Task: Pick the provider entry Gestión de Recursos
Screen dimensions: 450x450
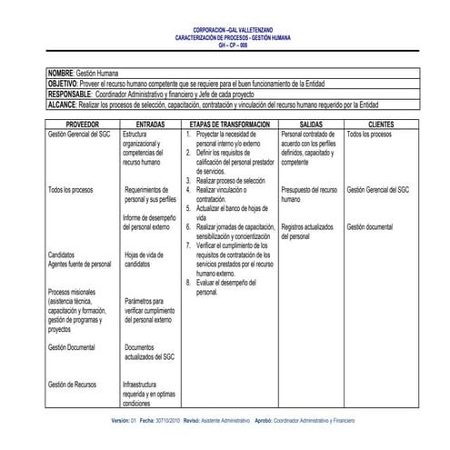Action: pyautogui.click(x=72, y=385)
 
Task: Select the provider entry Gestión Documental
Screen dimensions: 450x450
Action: pyautogui.click(x=72, y=347)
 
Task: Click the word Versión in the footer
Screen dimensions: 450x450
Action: pyautogui.click(x=121, y=422)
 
